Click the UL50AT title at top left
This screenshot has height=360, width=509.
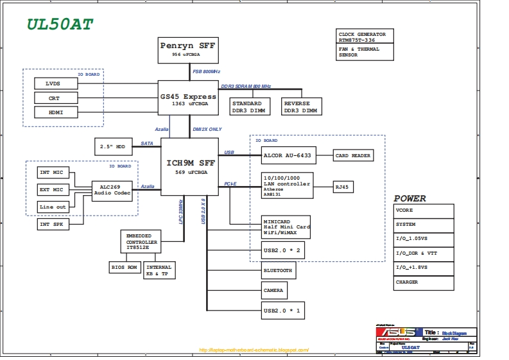(60, 24)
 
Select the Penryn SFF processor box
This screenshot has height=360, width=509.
(188, 50)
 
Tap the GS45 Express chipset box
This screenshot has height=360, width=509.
(188, 99)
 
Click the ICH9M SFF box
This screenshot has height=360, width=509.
(189, 166)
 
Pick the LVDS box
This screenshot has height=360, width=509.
(55, 83)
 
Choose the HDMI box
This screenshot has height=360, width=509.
(55, 112)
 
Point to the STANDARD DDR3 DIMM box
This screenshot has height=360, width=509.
(247, 107)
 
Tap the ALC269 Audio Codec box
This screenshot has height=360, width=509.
(112, 189)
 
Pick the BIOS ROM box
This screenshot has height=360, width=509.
(125, 267)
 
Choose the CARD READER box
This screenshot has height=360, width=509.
(352, 155)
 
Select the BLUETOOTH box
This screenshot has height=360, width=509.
(279, 271)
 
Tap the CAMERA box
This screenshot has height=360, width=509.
(274, 290)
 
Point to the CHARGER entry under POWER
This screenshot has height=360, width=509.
(424, 282)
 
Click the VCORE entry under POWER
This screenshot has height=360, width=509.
(424, 210)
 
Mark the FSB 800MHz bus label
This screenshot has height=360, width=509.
(207, 71)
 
